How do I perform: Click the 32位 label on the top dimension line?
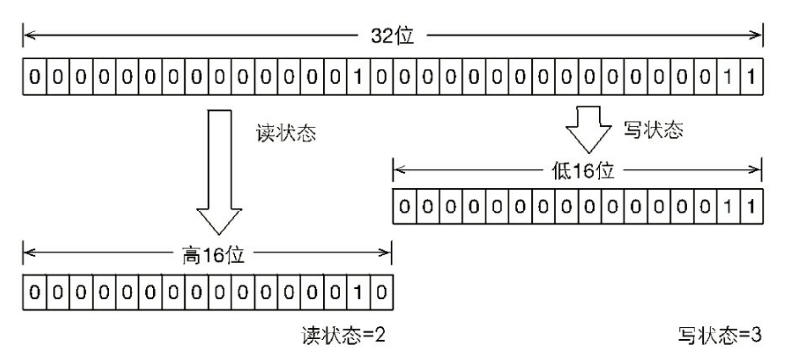click(392, 36)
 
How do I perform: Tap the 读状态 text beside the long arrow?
click(286, 133)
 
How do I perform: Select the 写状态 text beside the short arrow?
click(653, 130)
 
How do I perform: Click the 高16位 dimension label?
click(213, 255)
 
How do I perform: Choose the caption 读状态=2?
click(343, 336)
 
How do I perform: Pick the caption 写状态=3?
click(719, 336)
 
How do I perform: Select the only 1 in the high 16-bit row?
click(358, 292)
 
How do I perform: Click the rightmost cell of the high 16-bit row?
click(381, 292)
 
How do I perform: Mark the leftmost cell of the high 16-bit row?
click(34, 292)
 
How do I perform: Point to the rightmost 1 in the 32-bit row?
click(751, 77)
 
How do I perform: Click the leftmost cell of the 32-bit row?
click(34, 77)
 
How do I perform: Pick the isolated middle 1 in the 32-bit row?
click(358, 77)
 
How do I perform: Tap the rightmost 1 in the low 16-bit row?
click(751, 206)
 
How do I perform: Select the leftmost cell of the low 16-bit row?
click(404, 206)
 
